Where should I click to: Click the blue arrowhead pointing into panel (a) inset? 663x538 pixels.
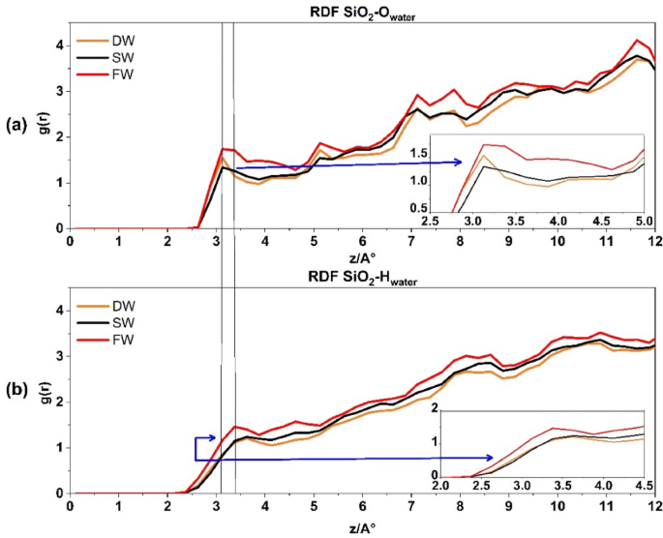[459, 163]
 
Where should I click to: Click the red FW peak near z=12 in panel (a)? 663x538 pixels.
[637, 41]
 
